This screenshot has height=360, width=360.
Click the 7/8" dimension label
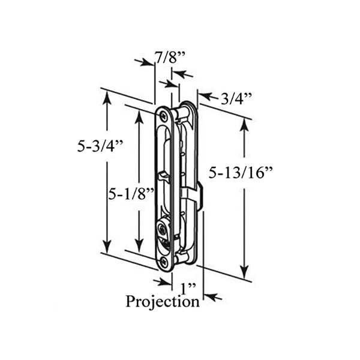170,58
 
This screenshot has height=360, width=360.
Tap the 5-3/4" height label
100,145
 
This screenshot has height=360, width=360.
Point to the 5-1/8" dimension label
131,194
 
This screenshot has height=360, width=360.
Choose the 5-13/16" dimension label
241,173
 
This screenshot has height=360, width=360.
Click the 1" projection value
188,287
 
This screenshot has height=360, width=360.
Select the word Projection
162,301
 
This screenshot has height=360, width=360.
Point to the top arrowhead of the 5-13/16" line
245,122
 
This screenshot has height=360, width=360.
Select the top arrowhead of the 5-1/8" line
139,114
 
